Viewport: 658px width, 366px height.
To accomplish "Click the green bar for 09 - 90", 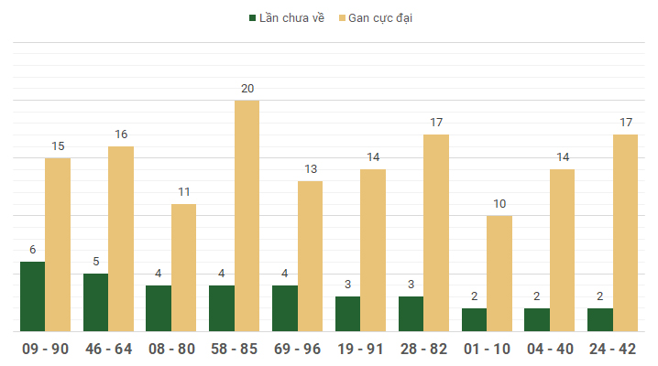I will [32, 296].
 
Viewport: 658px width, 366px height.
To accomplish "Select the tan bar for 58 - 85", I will [247, 216].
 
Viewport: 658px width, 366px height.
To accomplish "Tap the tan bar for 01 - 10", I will [499, 274].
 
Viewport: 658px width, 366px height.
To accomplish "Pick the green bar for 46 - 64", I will [95, 302].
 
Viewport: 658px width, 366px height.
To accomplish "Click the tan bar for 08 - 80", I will [183, 267].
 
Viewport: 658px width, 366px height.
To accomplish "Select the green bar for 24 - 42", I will [600, 319].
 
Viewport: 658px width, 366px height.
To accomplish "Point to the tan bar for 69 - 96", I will [310, 256].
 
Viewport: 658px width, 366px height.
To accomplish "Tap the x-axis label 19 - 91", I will [360, 349].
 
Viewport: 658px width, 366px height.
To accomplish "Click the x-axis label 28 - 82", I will [423, 349].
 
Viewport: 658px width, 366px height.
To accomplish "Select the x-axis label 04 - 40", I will [549, 349].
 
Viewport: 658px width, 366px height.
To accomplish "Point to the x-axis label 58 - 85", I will [235, 349].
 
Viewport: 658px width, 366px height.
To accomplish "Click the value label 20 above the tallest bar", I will [247, 89].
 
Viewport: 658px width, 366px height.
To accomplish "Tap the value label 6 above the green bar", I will [32, 250].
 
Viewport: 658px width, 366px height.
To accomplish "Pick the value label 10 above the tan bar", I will [499, 204].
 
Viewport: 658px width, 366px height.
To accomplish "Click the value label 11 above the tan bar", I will [184, 192].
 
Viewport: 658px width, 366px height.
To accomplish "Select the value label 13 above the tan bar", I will [311, 169].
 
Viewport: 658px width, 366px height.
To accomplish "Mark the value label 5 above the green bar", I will [95, 262].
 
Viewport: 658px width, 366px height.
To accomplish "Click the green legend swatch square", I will [252, 17].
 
